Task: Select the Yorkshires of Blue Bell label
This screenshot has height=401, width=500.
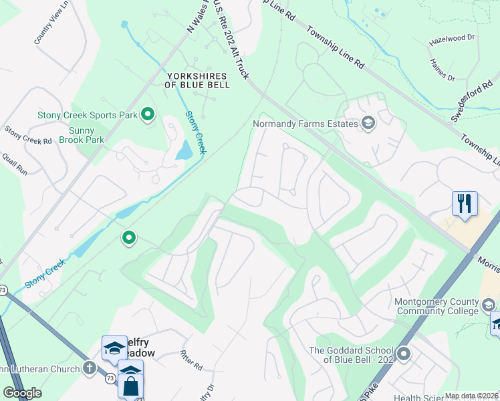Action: [197, 80]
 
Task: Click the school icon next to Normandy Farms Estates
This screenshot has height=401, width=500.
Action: [368, 123]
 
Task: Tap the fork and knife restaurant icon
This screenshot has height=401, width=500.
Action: [465, 203]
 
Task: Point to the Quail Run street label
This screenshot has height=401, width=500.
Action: [15, 162]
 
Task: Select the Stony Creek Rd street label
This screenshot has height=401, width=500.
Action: [27, 136]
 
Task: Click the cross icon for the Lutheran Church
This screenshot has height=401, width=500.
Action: [90, 368]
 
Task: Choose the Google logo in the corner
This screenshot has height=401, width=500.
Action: [22, 393]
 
